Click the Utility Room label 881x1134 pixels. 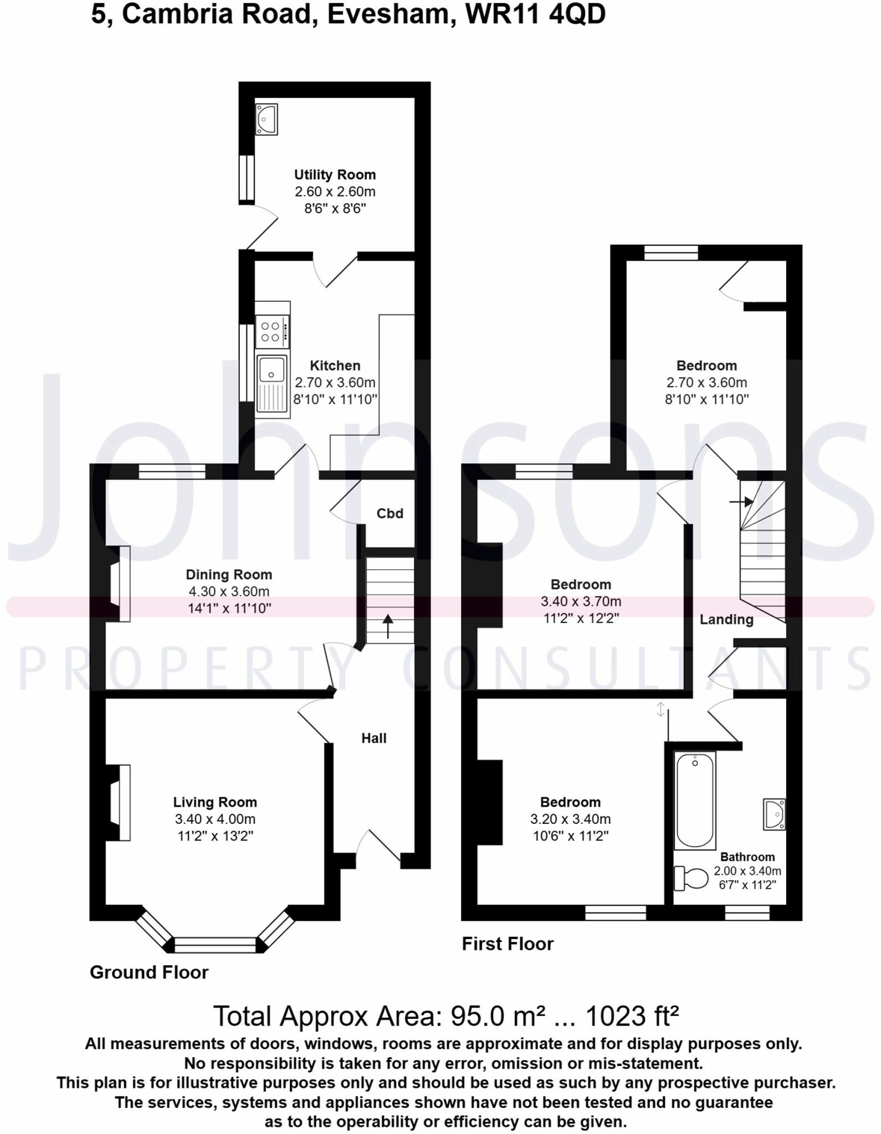(335, 175)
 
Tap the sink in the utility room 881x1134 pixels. (266, 119)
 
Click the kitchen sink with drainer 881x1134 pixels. (272, 384)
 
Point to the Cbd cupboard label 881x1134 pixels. (390, 514)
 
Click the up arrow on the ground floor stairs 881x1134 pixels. (388, 626)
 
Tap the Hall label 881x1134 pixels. (374, 738)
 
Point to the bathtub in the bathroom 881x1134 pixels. (695, 800)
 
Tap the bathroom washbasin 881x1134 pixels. (775, 814)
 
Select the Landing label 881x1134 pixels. (726, 620)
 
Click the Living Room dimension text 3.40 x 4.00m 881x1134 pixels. (215, 819)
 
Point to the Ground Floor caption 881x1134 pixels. (149, 972)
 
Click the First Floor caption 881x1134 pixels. (508, 944)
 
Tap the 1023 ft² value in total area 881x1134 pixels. (632, 1016)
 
